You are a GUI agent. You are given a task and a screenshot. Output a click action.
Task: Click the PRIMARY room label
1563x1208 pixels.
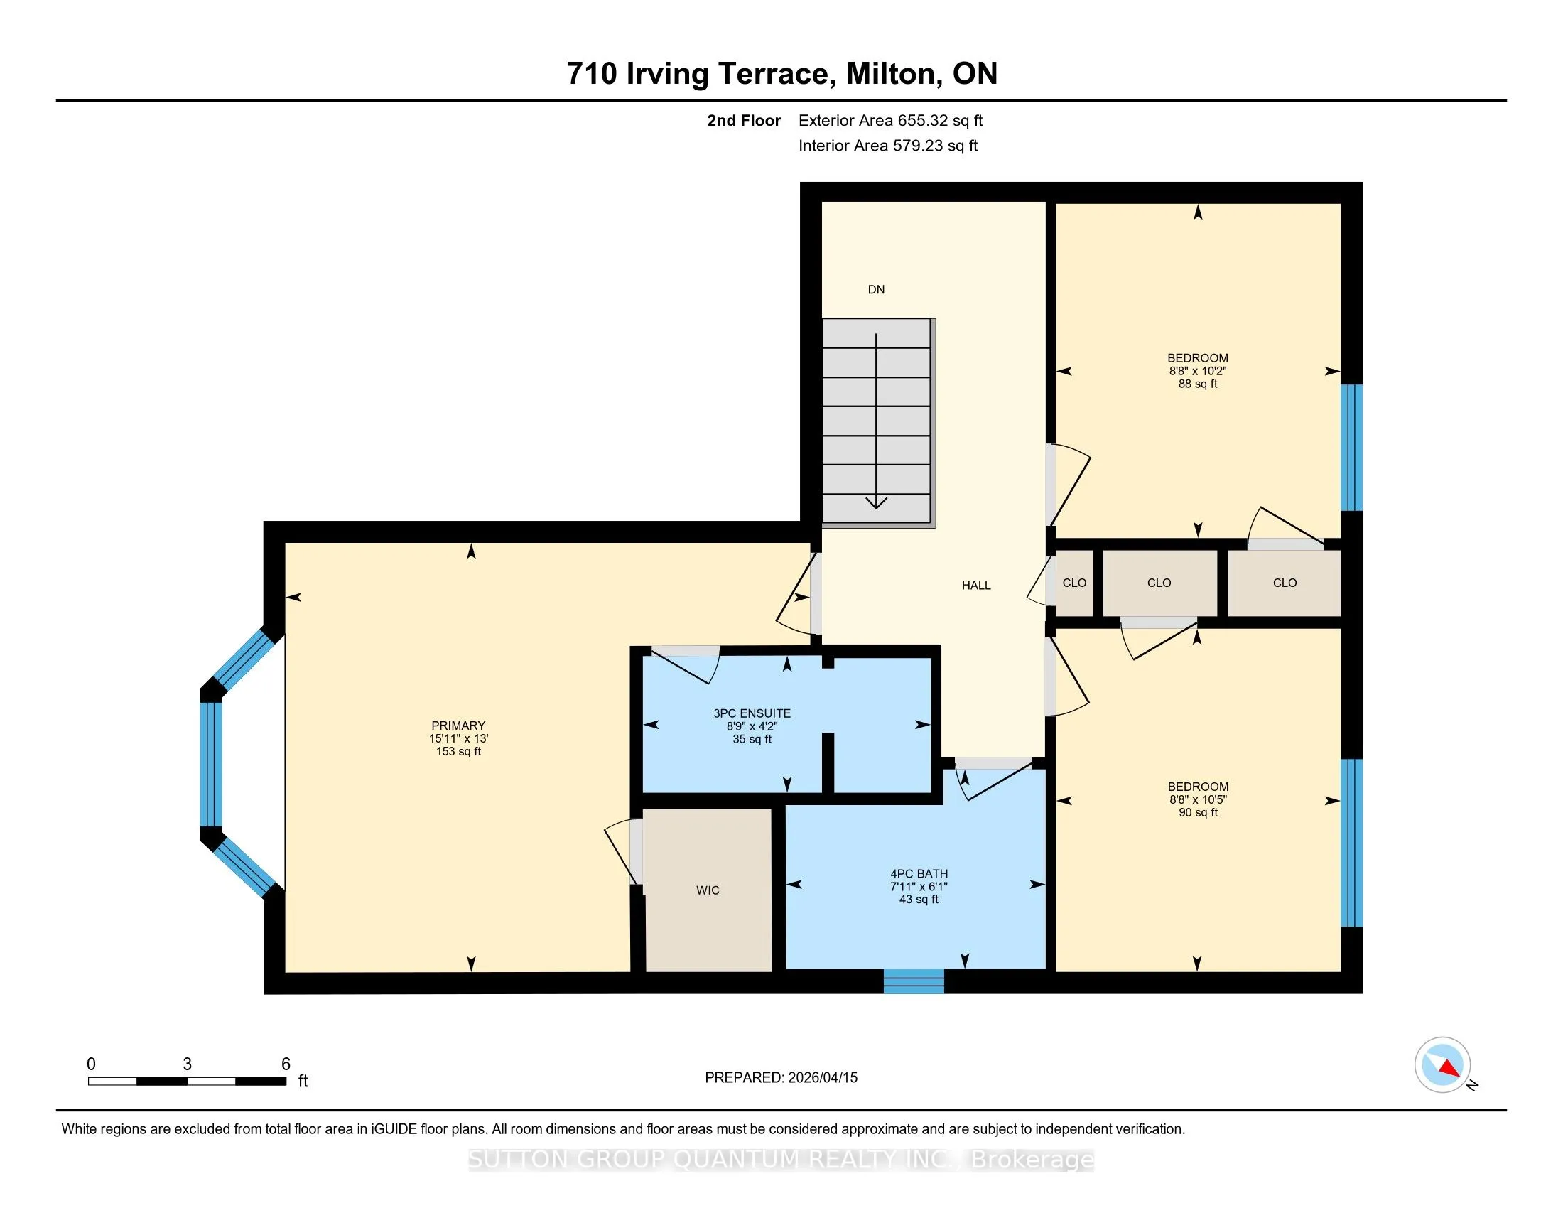tap(458, 726)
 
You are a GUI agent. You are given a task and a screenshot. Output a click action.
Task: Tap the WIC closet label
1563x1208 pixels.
tap(708, 890)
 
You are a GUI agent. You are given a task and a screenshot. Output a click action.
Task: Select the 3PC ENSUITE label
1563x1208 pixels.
tap(752, 713)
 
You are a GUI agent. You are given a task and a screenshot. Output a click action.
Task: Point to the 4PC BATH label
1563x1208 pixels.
tap(919, 874)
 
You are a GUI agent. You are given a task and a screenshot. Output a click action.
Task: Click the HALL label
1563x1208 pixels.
tap(976, 586)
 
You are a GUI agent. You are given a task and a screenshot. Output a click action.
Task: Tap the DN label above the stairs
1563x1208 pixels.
tap(876, 290)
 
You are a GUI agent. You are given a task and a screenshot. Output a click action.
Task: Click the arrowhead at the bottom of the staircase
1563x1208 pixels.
tap(877, 502)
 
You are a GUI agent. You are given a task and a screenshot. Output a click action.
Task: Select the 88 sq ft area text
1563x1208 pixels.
tap(1198, 384)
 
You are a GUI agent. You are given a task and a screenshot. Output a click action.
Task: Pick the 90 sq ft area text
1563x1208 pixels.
tap(1198, 813)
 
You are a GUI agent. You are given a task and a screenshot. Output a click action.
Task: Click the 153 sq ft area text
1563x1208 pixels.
tap(459, 752)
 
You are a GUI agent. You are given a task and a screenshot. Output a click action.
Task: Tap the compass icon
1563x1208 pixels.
tap(1443, 1065)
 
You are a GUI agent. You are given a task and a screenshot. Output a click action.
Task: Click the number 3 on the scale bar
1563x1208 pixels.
tap(188, 1064)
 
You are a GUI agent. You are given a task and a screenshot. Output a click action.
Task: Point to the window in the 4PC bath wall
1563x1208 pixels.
tap(914, 981)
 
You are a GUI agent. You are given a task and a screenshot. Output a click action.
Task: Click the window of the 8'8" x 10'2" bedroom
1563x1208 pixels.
tap(1351, 447)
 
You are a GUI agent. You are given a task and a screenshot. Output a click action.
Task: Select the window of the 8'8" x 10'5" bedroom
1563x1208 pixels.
tap(1351, 843)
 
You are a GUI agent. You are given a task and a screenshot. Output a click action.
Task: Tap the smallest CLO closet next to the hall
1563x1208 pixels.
tap(1074, 583)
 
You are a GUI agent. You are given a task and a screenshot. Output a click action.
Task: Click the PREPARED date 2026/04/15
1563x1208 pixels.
tap(822, 1078)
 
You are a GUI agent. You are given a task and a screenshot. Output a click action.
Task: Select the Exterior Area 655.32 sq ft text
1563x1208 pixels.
tap(891, 121)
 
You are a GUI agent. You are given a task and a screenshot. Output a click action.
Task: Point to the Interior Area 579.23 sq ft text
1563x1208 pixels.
tap(888, 146)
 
